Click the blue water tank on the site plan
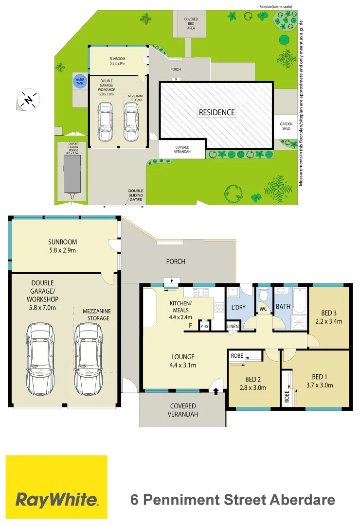click(x=78, y=82)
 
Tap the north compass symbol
click(x=28, y=101)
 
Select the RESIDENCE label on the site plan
click(x=216, y=112)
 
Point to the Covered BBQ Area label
click(x=191, y=24)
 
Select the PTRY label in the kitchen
click(x=205, y=327)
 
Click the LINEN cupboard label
click(x=233, y=327)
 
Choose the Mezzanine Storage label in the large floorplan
click(x=96, y=315)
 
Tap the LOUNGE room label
click(x=182, y=356)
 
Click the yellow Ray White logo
click(x=56, y=488)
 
